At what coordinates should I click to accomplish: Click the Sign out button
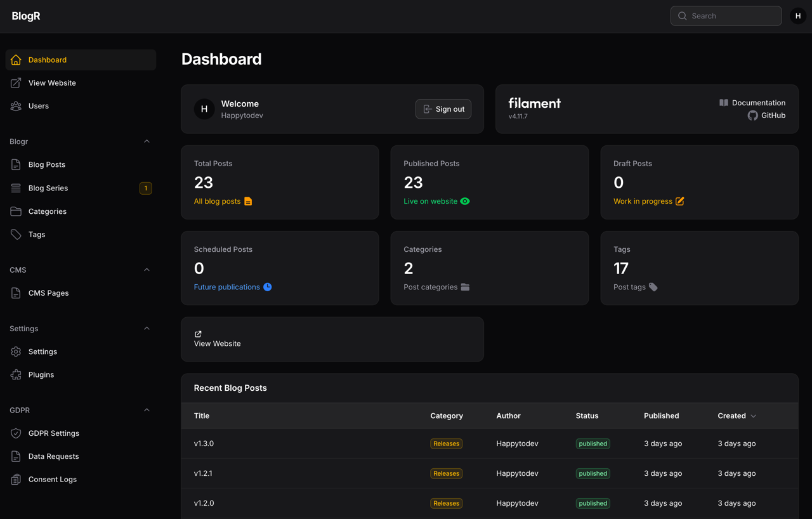click(x=443, y=109)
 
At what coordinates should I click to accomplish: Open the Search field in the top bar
click(x=726, y=16)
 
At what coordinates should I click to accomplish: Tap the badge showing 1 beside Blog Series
click(x=146, y=188)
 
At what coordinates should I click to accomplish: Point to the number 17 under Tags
click(x=620, y=268)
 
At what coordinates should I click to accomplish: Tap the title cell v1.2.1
click(x=203, y=473)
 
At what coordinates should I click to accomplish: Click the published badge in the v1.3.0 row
click(x=593, y=443)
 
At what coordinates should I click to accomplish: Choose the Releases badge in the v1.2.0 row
click(x=446, y=503)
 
